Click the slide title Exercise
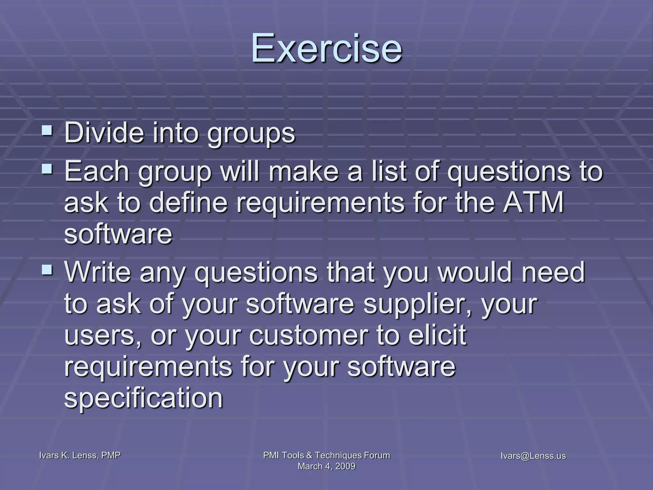tap(326, 48)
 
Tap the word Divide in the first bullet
tap(104, 133)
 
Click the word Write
tap(98, 272)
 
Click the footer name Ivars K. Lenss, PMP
tap(80, 455)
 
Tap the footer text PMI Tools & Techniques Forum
tap(326, 455)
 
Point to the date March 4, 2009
tap(326, 466)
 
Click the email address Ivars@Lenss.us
tap(533, 456)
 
